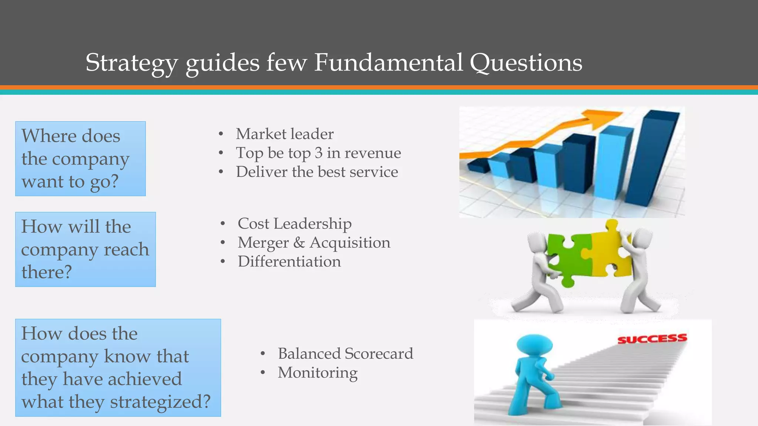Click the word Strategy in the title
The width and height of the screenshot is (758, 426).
[x=131, y=63]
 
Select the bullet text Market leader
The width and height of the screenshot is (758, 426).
[x=285, y=134]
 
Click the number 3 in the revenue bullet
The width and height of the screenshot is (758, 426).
[x=319, y=153]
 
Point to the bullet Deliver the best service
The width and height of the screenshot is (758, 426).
[x=317, y=172]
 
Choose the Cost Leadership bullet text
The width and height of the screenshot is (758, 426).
[x=295, y=224]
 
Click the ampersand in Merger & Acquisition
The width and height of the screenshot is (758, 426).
[x=299, y=243]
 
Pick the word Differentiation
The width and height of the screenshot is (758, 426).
[x=289, y=262]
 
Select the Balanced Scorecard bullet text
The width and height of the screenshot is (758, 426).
[x=345, y=354]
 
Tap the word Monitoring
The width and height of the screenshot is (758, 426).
[x=318, y=373]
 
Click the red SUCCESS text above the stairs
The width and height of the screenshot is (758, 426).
[x=652, y=339]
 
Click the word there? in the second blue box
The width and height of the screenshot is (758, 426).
[x=46, y=272]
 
